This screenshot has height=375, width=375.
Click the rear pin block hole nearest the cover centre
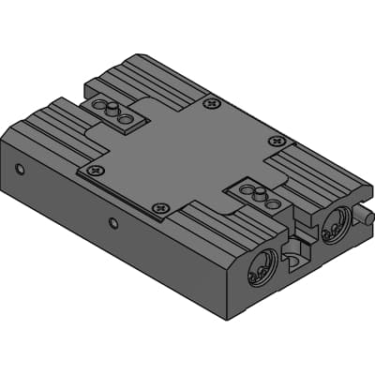click(127, 118)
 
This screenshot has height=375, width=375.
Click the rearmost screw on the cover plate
click(211, 102)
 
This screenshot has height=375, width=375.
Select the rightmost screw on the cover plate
click(276, 141)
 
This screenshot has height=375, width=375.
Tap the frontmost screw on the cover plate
click(160, 208)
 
